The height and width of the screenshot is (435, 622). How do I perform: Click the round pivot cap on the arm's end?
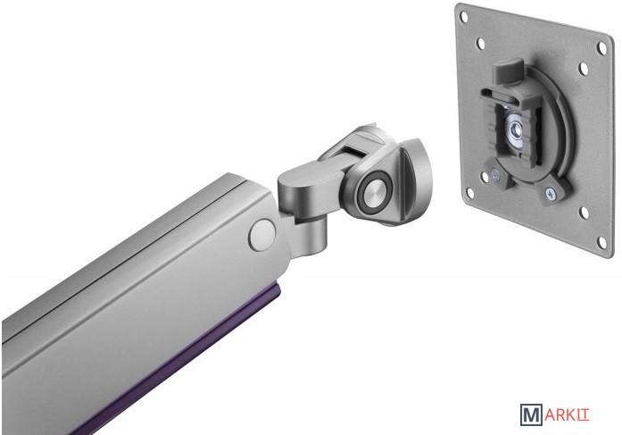click(262, 235)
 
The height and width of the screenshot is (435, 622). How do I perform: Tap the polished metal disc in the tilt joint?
click(375, 189)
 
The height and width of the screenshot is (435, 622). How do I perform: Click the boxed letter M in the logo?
click(531, 414)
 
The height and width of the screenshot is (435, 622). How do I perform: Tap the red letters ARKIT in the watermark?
click(566, 415)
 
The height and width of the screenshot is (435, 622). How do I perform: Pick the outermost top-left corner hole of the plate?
click(464, 17)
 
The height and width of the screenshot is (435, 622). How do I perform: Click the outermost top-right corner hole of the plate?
click(601, 48)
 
